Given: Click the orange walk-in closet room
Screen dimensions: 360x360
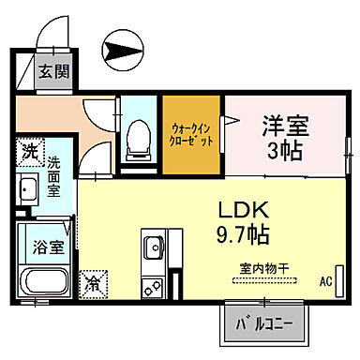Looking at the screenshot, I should point(192,132).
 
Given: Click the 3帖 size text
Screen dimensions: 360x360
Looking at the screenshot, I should point(284,151).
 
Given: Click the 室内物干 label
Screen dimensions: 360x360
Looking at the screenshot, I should point(262,268).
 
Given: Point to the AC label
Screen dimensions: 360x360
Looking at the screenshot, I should point(326,280).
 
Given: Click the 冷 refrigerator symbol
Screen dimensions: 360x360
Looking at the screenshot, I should point(96,279).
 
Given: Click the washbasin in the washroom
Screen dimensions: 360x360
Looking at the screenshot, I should point(28,192).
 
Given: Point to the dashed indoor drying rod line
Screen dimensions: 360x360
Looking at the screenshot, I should point(262,279).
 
